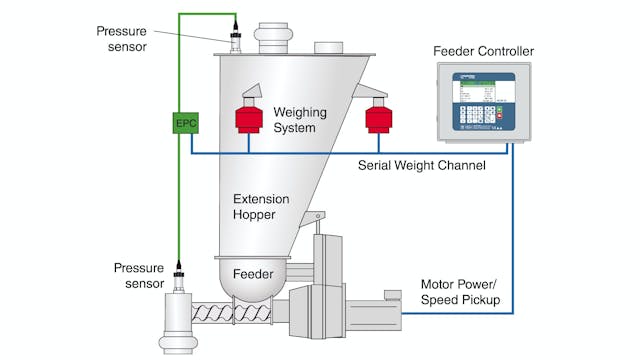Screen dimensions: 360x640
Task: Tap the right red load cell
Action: [378, 118]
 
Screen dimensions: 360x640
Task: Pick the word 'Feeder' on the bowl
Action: [253, 272]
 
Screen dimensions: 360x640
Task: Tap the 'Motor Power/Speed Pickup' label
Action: [459, 291]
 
